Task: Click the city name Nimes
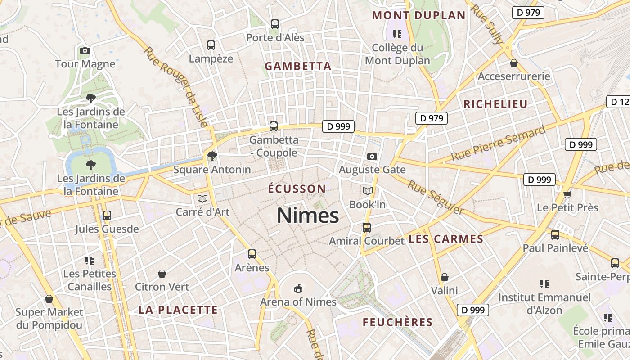(x=308, y=216)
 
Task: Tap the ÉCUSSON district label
(x=297, y=189)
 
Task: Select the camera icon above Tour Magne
(x=85, y=50)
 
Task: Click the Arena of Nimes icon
(x=298, y=288)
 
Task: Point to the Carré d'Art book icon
(x=202, y=198)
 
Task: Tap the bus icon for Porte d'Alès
(x=275, y=24)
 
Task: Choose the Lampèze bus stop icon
(x=211, y=45)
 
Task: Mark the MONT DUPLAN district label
(x=419, y=15)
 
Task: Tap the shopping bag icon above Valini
(x=445, y=277)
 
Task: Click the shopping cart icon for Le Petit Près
(x=567, y=194)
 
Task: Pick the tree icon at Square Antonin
(x=212, y=156)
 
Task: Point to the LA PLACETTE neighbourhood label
(x=178, y=310)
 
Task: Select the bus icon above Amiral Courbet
(x=367, y=228)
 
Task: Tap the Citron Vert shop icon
(x=162, y=274)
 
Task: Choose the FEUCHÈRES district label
(x=397, y=322)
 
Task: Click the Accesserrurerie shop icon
(x=514, y=63)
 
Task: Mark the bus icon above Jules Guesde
(x=107, y=216)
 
